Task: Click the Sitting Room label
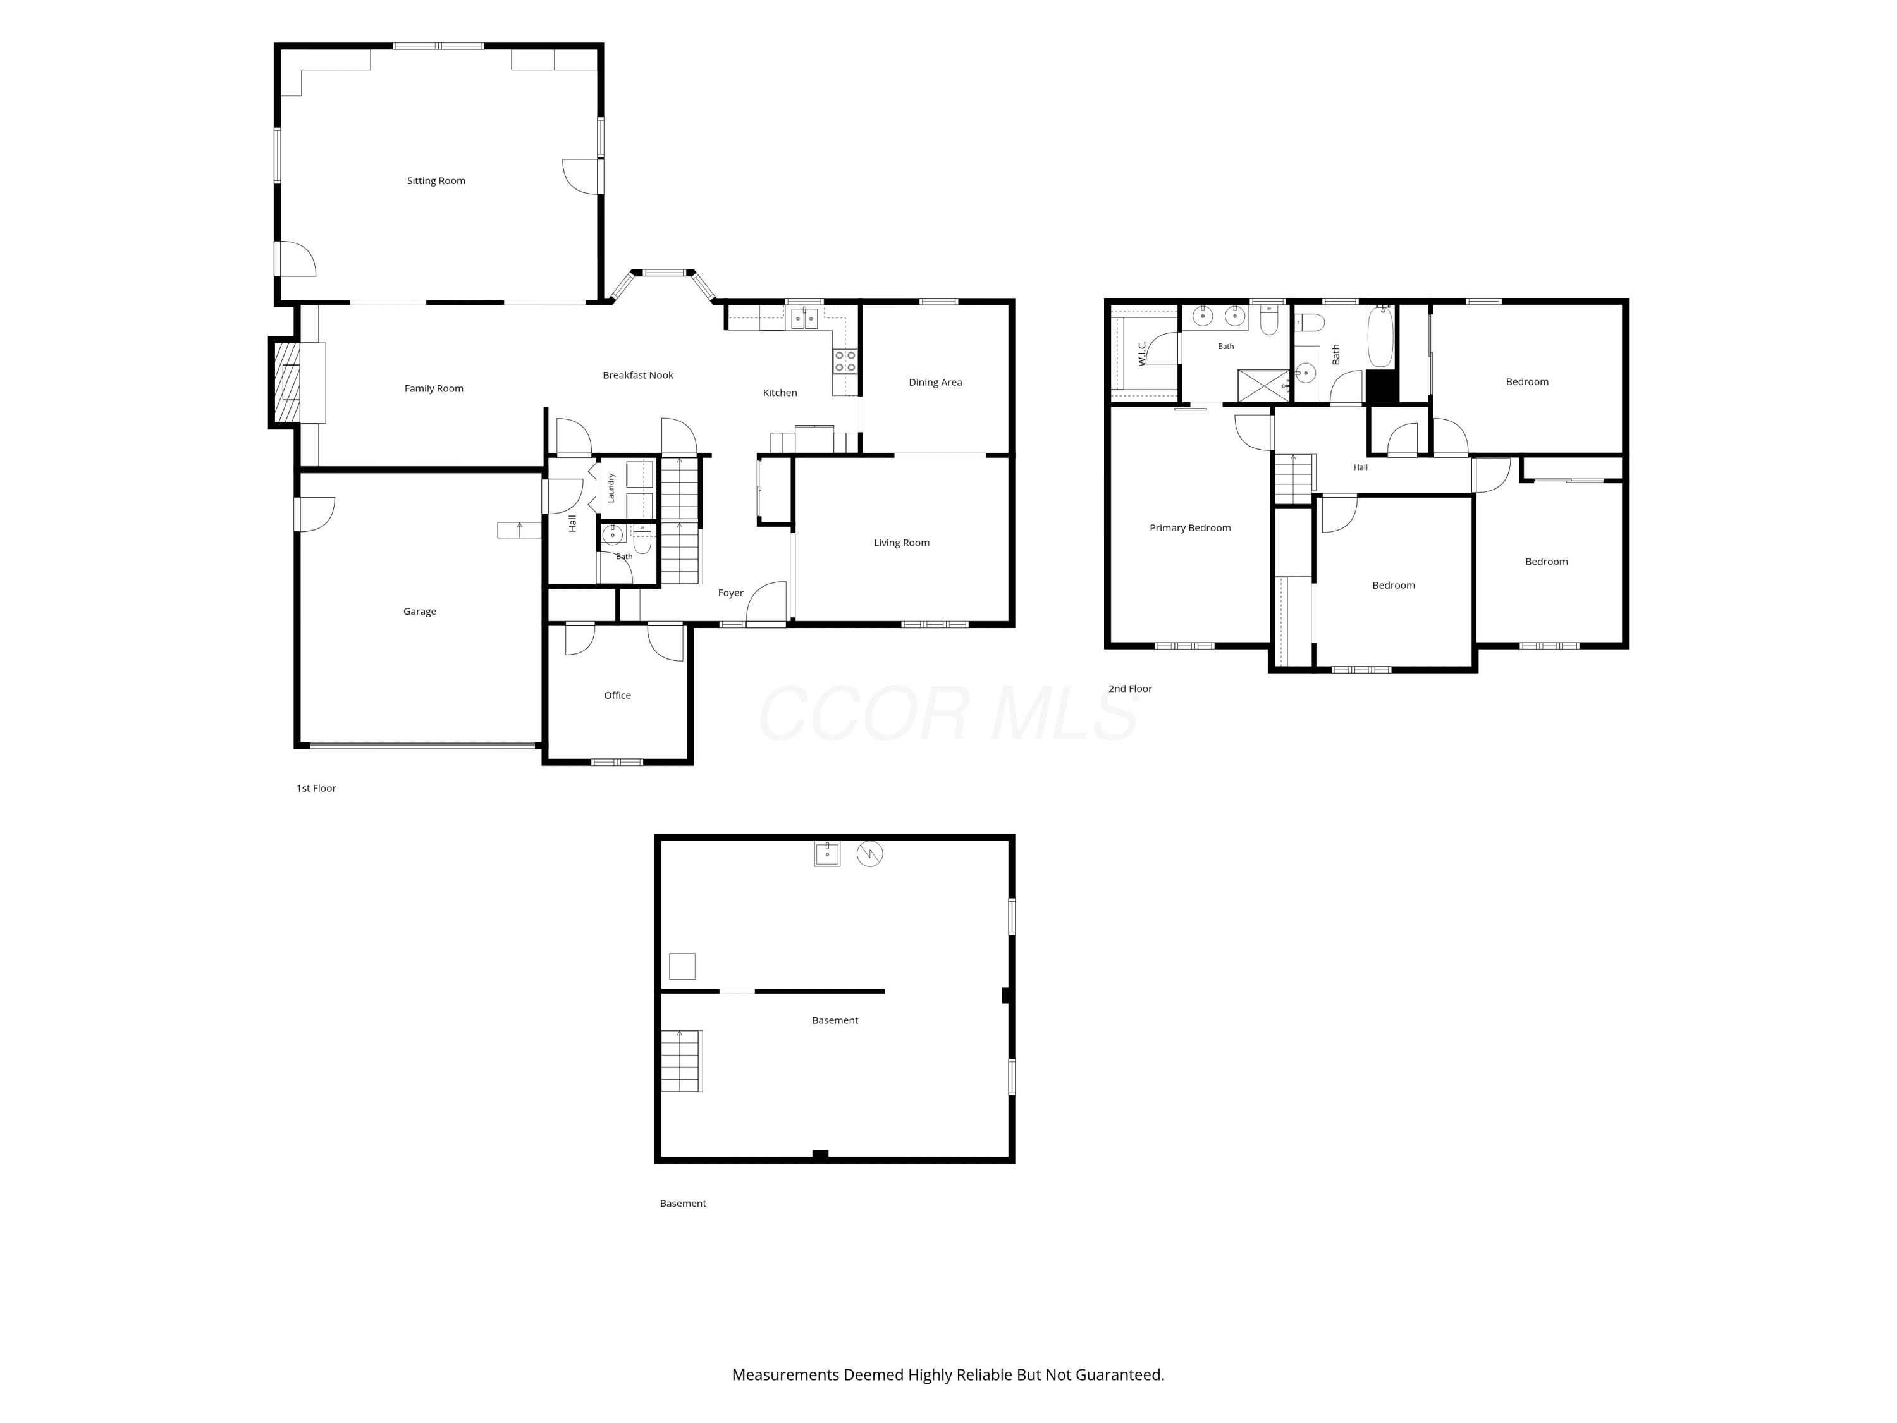point(436,181)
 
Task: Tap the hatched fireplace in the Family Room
point(287,383)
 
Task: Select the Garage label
point(419,612)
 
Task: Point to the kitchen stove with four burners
point(845,361)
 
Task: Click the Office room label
point(617,696)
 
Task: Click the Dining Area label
point(936,383)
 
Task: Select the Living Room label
point(901,543)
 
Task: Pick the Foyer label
point(731,593)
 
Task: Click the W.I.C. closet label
point(1141,354)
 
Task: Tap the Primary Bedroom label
point(1189,528)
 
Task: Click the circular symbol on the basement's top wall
point(869,854)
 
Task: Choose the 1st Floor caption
point(316,788)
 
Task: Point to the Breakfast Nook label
point(638,376)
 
